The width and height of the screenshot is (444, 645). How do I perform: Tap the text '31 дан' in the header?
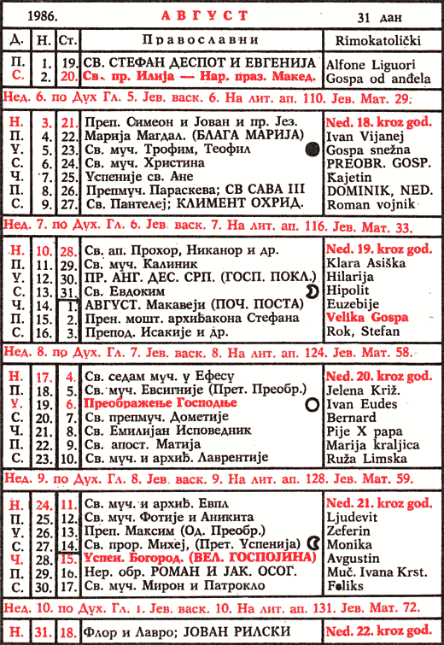click(377, 18)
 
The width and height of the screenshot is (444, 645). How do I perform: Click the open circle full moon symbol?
click(313, 404)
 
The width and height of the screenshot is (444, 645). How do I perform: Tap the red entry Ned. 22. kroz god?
click(379, 632)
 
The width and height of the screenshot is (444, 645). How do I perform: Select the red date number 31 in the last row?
click(42, 633)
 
